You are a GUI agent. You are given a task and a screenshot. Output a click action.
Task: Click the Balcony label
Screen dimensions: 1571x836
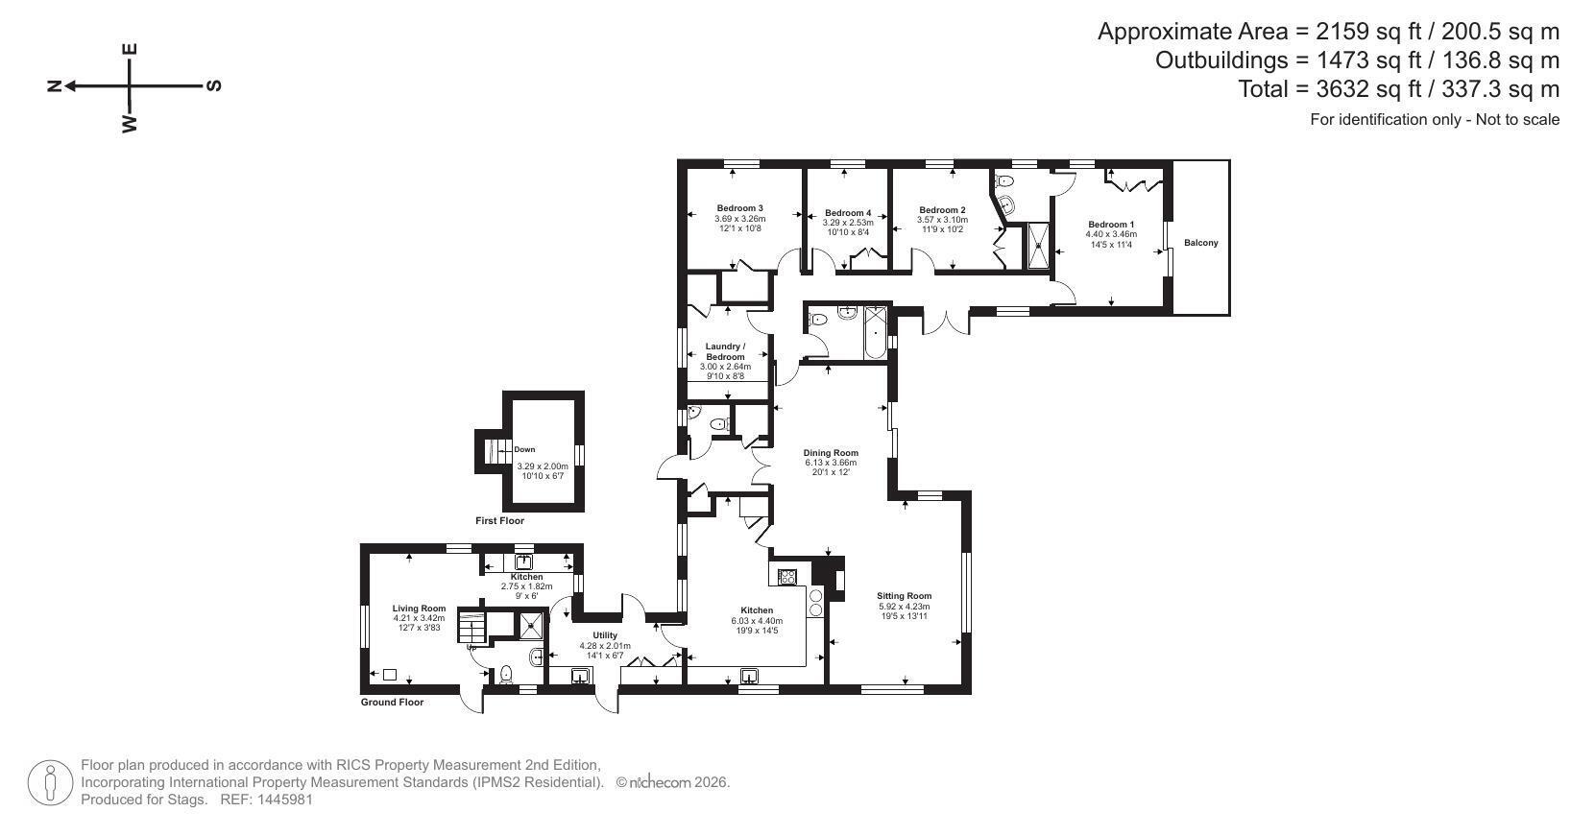(x=1200, y=243)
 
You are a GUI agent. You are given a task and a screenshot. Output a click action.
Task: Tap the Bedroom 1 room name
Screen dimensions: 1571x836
(x=1111, y=225)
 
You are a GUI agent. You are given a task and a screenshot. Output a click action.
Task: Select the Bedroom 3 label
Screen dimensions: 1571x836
(x=740, y=208)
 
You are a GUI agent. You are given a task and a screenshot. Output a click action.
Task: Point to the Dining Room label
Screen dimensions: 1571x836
(x=831, y=453)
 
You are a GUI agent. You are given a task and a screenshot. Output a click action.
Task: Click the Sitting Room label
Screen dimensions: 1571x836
(x=904, y=596)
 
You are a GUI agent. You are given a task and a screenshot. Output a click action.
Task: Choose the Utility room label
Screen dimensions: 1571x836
(x=605, y=635)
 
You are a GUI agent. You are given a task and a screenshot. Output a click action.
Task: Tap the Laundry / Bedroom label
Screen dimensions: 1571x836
(x=725, y=351)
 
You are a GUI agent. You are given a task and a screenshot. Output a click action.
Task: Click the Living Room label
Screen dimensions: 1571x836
(x=419, y=609)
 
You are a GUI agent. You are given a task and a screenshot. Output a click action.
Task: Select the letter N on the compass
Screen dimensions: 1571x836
(x=54, y=86)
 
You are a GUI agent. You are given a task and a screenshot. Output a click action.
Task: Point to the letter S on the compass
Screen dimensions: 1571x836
(x=214, y=86)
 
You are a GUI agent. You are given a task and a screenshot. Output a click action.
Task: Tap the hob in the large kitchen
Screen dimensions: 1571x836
(x=787, y=576)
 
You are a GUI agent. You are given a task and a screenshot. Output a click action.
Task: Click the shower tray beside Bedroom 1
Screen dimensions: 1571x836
(x=1039, y=246)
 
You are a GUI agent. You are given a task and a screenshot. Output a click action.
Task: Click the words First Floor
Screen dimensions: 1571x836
(x=499, y=520)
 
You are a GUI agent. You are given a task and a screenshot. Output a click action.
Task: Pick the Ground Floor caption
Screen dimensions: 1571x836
(x=392, y=703)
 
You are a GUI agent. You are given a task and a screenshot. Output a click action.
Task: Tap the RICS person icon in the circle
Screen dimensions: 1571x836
(x=50, y=783)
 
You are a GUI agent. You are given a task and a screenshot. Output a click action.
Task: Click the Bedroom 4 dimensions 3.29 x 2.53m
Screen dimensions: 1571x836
(x=848, y=223)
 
